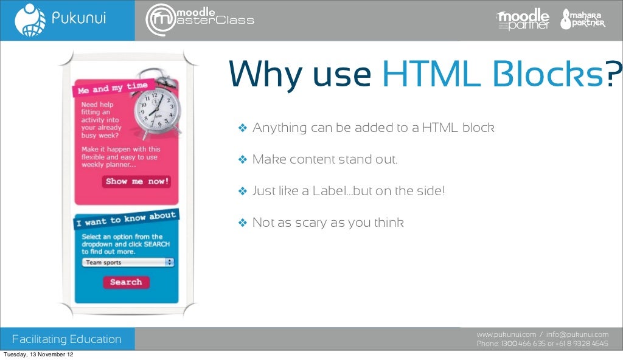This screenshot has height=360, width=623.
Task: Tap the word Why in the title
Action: [265, 75]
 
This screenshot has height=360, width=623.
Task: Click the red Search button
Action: [126, 282]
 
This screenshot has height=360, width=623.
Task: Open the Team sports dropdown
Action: [128, 263]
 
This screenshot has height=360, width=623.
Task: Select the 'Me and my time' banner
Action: [112, 89]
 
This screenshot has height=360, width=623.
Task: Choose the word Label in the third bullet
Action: [328, 191]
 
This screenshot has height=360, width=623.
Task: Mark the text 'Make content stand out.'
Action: [325, 160]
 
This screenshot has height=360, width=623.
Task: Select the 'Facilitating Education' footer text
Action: [67, 339]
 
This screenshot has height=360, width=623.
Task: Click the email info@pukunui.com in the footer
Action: [577, 334]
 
